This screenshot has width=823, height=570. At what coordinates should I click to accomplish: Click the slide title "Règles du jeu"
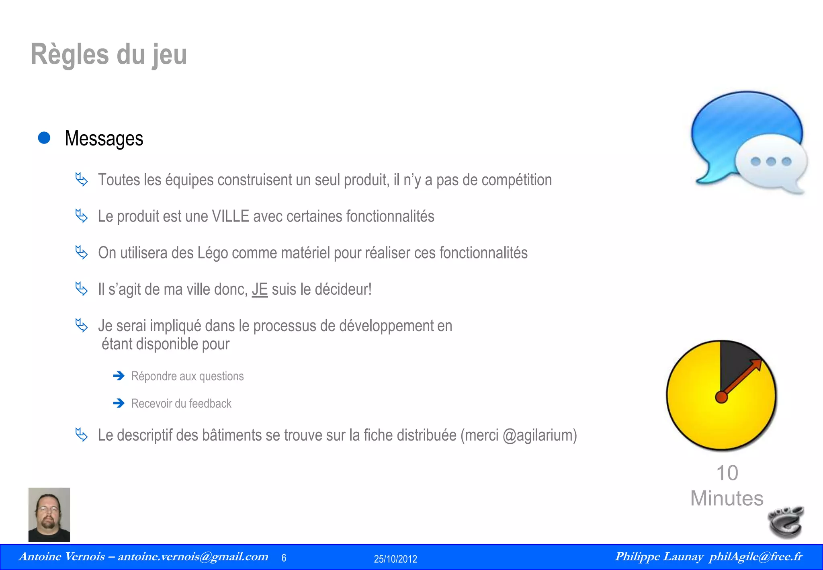pos(109,55)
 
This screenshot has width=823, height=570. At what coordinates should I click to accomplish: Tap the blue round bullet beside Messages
pos(44,138)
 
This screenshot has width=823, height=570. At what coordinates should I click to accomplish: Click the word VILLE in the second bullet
pos(230,216)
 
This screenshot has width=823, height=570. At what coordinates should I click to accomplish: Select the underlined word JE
pos(260,289)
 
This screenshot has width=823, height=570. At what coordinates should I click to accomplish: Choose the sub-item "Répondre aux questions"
pos(187,376)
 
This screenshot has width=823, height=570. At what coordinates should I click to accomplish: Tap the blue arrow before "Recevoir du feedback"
pos(119,403)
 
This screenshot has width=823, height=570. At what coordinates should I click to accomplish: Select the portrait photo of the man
pos(49,515)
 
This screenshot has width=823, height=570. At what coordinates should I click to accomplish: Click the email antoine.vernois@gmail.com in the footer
pos(193,557)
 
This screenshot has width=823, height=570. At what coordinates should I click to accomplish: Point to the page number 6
pos(284,558)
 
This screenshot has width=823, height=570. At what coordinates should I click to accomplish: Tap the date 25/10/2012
pos(395,559)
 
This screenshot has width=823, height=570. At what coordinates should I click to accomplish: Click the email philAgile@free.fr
pos(755,557)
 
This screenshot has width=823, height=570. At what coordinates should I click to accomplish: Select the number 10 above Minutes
pos(727,473)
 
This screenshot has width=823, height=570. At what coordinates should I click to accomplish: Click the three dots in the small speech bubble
pos(771,162)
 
